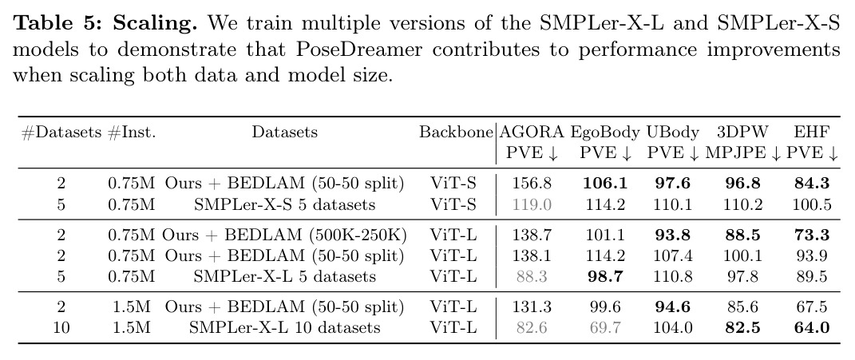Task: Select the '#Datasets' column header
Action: click(x=61, y=133)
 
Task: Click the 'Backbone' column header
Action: click(x=456, y=132)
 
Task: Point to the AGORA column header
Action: click(x=532, y=132)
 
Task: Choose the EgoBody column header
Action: click(x=605, y=133)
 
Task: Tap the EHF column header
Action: click(x=812, y=132)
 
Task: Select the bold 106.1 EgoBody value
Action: click(x=605, y=184)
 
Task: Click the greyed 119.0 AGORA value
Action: click(x=532, y=204)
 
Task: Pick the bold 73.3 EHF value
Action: click(x=812, y=235)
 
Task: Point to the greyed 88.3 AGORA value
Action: click(x=532, y=276)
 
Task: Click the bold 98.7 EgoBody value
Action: click(x=605, y=276)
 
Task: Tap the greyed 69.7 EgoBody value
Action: click(x=605, y=327)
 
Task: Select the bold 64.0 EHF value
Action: click(x=812, y=327)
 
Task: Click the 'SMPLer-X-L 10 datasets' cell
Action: click(x=284, y=327)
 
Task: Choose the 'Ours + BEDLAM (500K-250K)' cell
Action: click(x=284, y=235)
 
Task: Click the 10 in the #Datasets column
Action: click(x=61, y=327)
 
